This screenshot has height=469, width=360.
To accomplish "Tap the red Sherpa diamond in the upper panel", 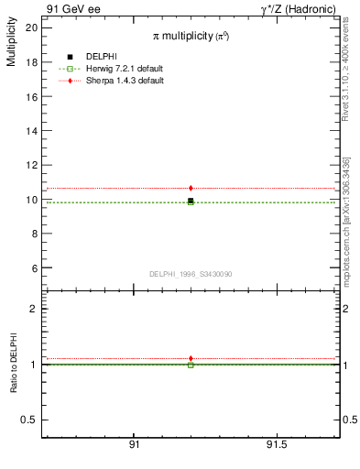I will tap(191, 188).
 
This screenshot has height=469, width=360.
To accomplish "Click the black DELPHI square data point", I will tap(191, 201).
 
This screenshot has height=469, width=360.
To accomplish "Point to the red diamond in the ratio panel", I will tap(191, 358).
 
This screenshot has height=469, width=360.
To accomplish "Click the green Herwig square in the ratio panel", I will tap(191, 365).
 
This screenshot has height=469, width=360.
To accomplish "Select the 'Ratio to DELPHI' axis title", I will tap(14, 365).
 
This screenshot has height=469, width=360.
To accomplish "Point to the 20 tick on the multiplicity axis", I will tap(31, 27).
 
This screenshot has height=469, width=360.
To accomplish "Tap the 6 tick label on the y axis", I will tap(34, 268).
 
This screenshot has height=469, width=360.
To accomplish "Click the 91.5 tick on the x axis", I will tap(276, 445).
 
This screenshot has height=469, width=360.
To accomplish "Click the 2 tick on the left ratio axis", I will tap(34, 309).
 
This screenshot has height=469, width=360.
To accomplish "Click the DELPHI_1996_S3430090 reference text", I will tap(191, 274).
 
